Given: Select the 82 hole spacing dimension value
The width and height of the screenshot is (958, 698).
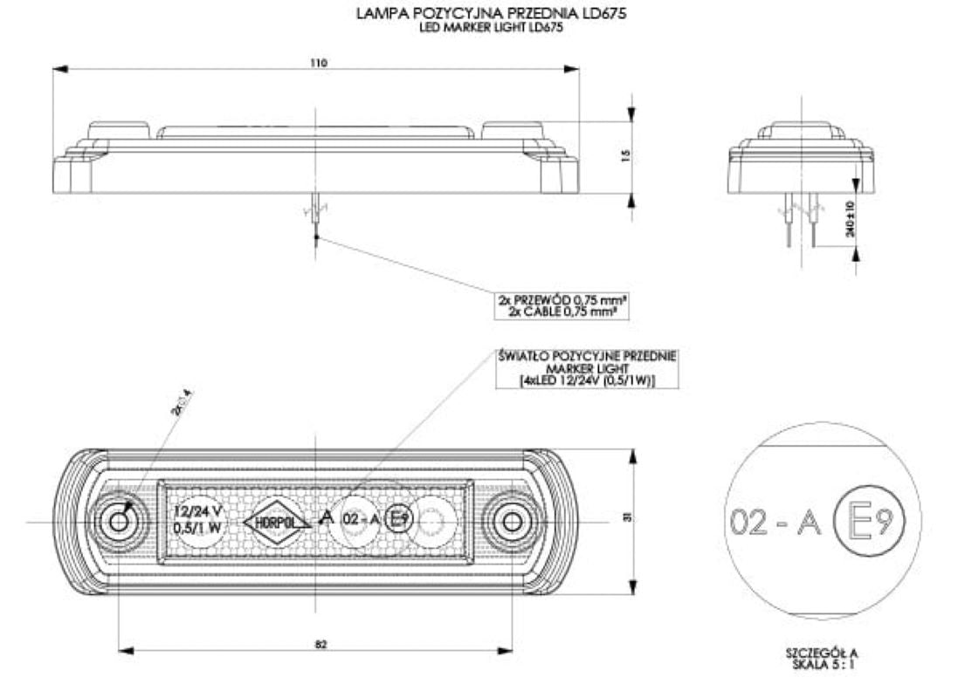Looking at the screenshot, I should point(320,643).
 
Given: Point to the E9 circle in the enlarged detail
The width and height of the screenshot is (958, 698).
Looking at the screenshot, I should point(871,522).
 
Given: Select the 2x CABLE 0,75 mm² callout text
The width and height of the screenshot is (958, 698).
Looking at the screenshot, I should point(562,310).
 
